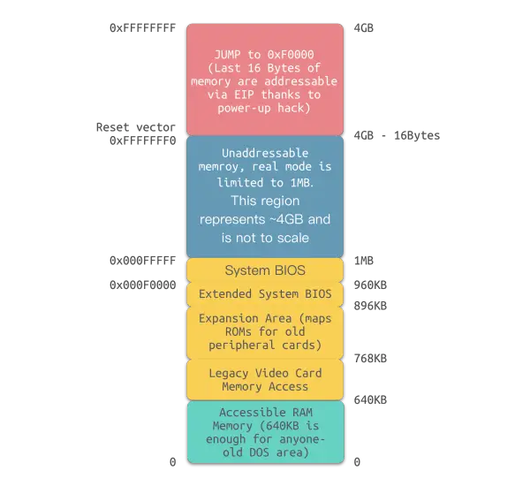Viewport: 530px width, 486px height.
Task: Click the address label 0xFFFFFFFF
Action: [141, 28]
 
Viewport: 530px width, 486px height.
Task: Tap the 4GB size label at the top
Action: [363, 28]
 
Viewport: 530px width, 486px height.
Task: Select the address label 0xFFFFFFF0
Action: [141, 140]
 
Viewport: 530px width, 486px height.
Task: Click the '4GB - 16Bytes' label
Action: [398, 135]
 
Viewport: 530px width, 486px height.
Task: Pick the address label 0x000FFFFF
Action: [141, 261]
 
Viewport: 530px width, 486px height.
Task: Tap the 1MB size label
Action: [363, 261]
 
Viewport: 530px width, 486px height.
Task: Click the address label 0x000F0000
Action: [141, 284]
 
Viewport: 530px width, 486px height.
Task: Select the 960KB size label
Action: [370, 284]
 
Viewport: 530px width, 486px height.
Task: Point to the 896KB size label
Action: [370, 305]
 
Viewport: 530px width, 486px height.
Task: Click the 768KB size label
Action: [370, 359]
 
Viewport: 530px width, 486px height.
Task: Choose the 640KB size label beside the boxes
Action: [370, 399]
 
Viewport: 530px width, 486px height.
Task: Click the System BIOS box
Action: [265, 270]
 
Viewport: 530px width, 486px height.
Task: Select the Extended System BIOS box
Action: [265, 293]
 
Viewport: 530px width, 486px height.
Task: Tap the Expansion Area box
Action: [265, 331]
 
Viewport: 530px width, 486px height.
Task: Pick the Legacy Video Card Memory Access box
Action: [265, 379]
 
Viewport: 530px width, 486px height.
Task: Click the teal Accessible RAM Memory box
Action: [265, 432]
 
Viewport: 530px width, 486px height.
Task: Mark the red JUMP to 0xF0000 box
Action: [265, 79]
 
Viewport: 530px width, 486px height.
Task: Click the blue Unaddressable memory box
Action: [265, 196]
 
